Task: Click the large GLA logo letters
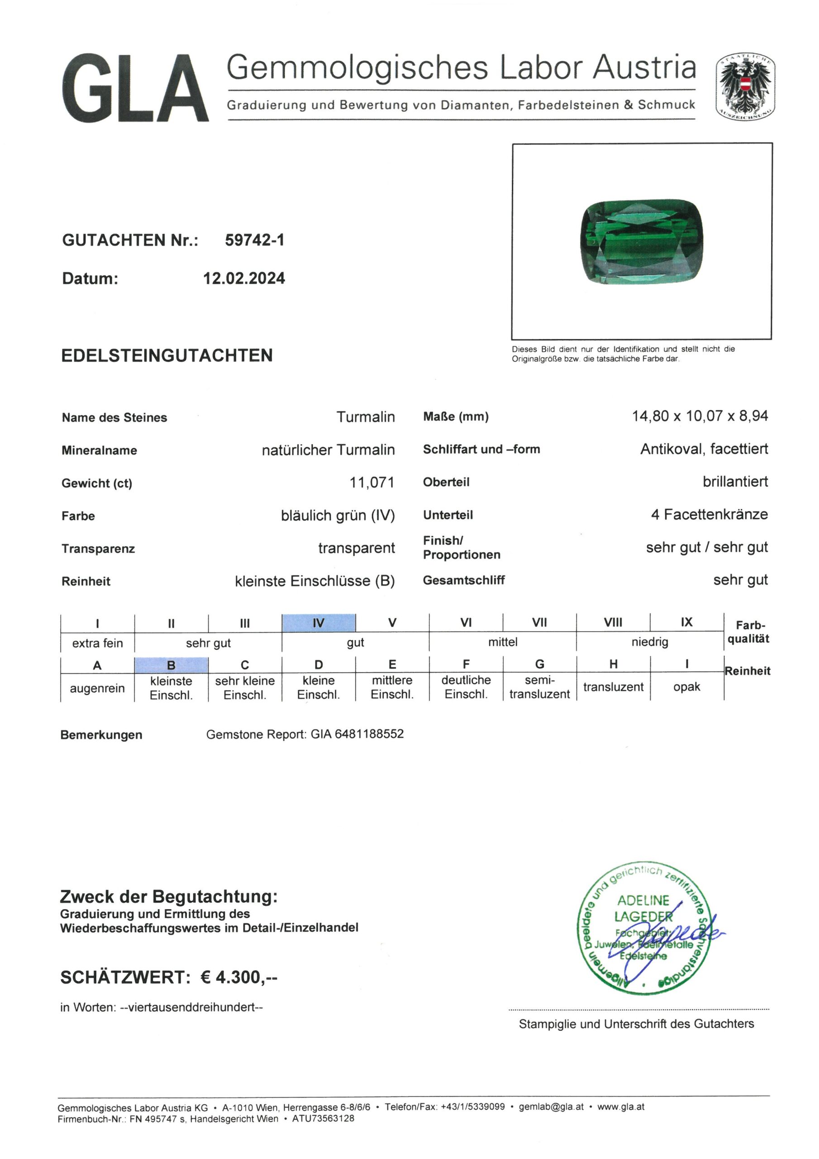click(x=135, y=88)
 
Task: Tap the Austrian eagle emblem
click(x=745, y=86)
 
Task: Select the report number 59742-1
click(x=254, y=240)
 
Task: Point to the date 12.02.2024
click(x=244, y=278)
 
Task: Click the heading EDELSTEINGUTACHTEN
click(x=167, y=355)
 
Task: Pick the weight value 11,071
click(x=371, y=483)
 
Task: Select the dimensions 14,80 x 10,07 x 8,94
click(x=700, y=416)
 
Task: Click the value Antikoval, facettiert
click(x=704, y=449)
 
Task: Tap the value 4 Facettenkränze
click(x=709, y=514)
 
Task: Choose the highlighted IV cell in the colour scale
click(x=319, y=623)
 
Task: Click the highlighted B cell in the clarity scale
click(x=171, y=665)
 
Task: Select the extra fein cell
click(x=97, y=642)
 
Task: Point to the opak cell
click(x=686, y=686)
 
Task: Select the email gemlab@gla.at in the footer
click(x=551, y=1106)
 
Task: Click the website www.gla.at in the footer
click(x=621, y=1106)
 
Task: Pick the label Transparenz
click(x=98, y=549)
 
